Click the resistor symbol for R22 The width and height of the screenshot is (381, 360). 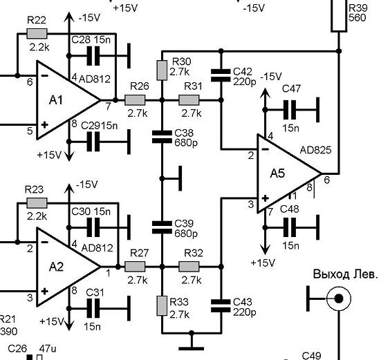(37, 33)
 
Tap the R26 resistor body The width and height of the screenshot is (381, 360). (135, 100)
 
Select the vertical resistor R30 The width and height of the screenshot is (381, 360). (162, 70)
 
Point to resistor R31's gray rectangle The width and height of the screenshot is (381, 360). (189, 100)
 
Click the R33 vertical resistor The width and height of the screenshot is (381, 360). (162, 305)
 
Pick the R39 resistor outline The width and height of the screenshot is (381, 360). (339, 16)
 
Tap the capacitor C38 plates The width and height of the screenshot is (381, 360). (162, 137)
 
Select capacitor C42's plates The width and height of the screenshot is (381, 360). (221, 75)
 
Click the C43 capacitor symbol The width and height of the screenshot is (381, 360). (221, 305)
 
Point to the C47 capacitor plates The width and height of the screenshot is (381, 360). (290, 110)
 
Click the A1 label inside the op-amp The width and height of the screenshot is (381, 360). (56, 100)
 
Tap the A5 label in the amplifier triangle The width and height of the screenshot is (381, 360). (277, 173)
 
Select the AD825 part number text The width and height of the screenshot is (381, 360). (315, 150)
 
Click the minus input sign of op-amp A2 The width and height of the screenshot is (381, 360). (44, 242)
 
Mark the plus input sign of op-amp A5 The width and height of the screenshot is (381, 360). (265, 198)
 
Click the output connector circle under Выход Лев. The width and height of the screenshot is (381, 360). (339, 299)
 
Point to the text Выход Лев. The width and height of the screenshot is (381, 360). (346, 274)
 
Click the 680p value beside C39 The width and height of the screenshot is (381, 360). (186, 234)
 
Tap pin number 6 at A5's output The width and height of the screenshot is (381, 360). (327, 180)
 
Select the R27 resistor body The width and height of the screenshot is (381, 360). (135, 267)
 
